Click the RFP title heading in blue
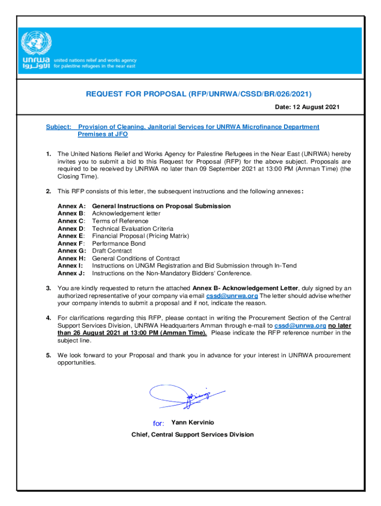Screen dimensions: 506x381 tap(192, 94)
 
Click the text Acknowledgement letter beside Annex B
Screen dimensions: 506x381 tap(126, 213)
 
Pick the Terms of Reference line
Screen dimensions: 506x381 tap(120, 221)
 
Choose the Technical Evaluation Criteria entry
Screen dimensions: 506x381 tap(133, 229)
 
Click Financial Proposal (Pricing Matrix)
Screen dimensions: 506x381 tap(141, 236)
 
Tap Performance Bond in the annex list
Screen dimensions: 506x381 tap(119, 244)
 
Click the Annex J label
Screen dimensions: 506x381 tap(71, 273)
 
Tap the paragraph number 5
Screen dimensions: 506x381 tap(48, 355)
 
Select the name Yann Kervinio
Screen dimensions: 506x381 tap(192, 422)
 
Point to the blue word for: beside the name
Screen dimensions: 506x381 tap(159, 423)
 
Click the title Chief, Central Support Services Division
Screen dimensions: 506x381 tap(192, 435)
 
